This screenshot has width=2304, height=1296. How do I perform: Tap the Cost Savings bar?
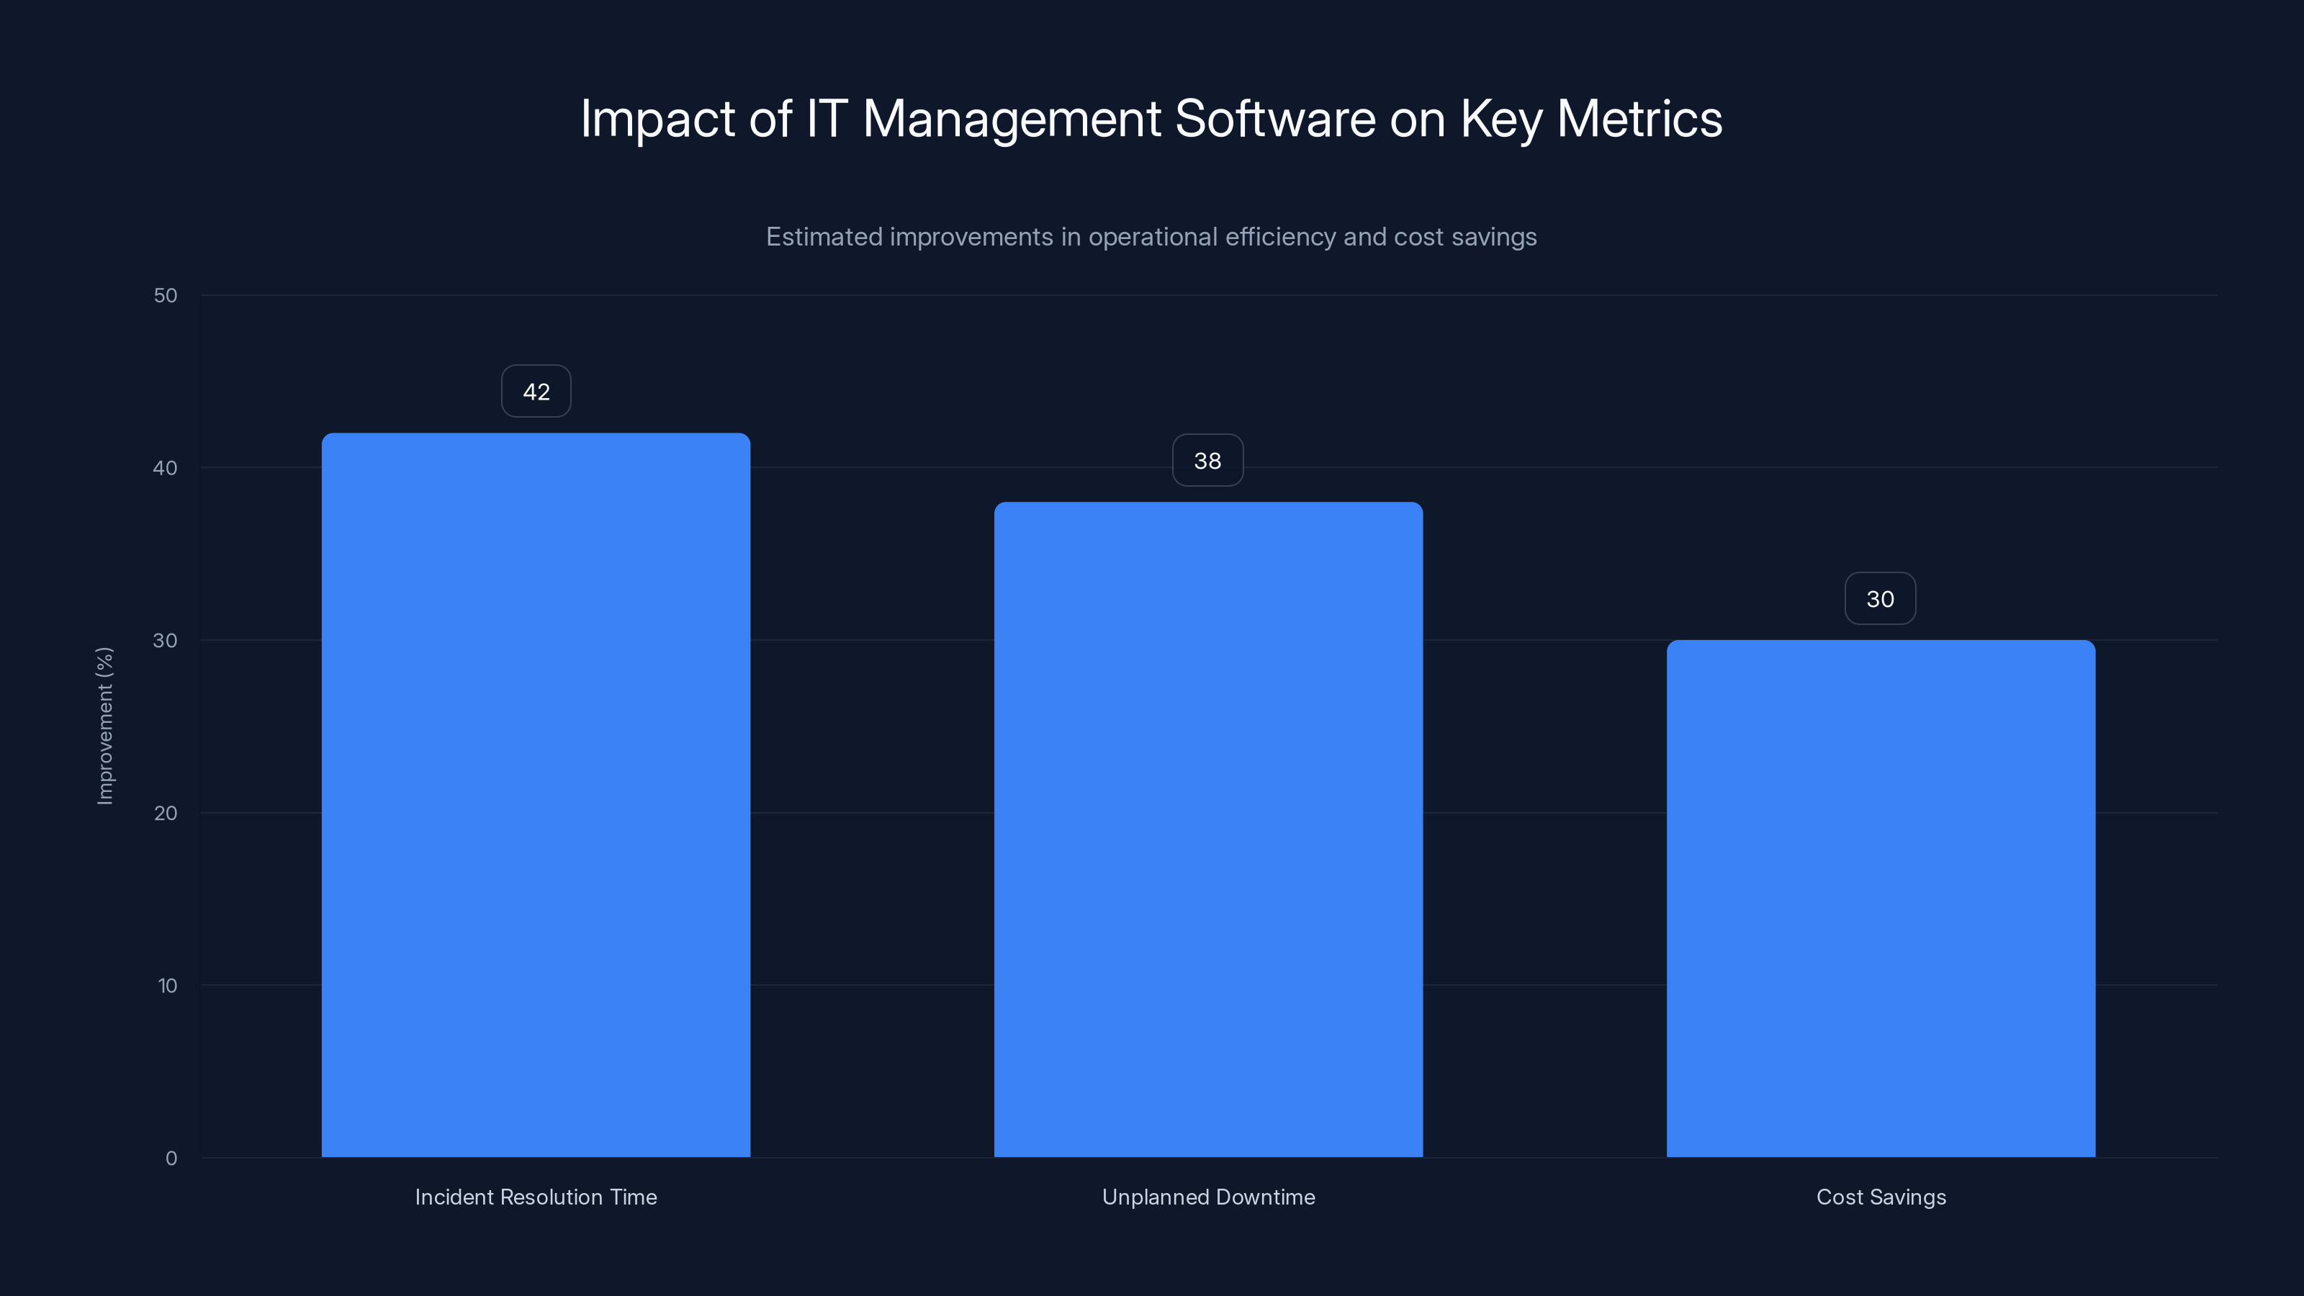[x=1880, y=898]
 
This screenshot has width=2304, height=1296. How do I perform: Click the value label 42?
[x=536, y=392]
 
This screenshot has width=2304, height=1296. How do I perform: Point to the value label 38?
[x=1207, y=461]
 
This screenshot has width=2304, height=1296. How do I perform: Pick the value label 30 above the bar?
[x=1880, y=599]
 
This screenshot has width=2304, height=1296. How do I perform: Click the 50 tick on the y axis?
[x=166, y=296]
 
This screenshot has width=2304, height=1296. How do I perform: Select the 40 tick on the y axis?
[x=166, y=469]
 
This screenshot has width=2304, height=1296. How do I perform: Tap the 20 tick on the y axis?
[x=166, y=814]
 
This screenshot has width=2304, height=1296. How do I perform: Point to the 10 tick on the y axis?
[x=167, y=986]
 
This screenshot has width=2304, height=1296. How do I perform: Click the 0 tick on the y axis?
[x=171, y=1159]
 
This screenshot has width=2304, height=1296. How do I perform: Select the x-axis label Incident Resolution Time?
[x=536, y=1197]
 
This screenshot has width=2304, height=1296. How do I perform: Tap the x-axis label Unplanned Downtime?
[x=1208, y=1197]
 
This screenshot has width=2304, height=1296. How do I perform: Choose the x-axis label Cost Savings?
[x=1881, y=1197]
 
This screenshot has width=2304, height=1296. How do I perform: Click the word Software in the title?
[x=1274, y=119]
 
